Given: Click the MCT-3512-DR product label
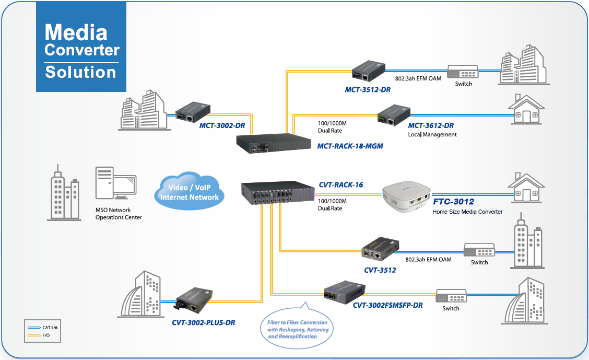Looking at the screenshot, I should click(368, 90).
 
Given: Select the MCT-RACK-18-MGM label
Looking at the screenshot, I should click(350, 146).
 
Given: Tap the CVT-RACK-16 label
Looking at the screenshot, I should click(340, 184).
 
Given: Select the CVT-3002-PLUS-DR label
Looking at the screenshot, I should click(203, 322).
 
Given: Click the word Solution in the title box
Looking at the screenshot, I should click(80, 72).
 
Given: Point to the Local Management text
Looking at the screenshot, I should click(432, 134).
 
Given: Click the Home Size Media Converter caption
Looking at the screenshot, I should click(467, 212).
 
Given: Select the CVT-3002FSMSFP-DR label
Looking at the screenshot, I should click(387, 305).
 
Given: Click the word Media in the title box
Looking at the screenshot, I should click(76, 32).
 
